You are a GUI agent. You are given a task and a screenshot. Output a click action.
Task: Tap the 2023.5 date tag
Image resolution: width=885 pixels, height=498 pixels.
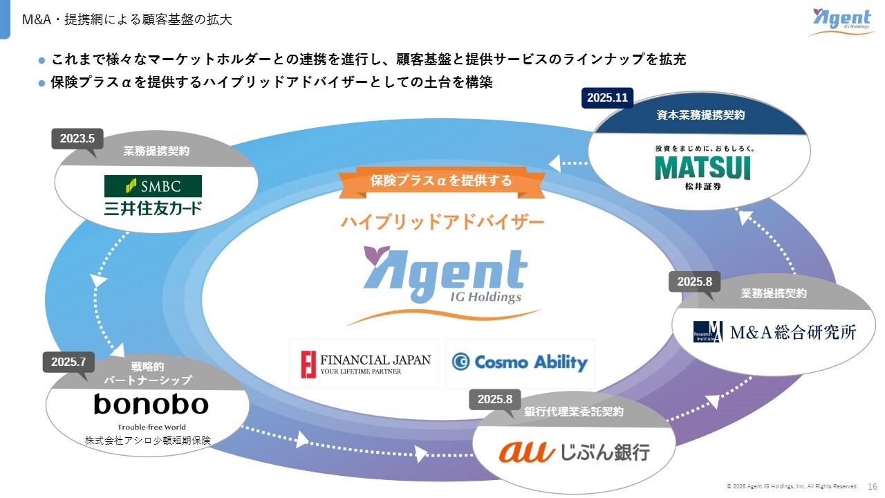(77, 138)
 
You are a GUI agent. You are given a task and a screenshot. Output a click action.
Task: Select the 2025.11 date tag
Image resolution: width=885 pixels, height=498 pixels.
(607, 98)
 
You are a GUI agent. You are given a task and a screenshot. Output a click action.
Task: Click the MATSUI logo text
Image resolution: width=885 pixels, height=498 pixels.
(702, 168)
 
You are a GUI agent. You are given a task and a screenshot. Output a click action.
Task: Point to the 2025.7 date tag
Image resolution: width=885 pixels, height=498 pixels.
(68, 362)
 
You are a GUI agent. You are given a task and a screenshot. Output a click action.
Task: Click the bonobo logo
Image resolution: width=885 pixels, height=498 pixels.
(151, 404)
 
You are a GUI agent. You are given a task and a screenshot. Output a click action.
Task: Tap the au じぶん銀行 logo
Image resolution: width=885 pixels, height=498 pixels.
(574, 452)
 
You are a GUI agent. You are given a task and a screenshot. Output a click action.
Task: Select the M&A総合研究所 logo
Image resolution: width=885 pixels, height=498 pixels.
(774, 332)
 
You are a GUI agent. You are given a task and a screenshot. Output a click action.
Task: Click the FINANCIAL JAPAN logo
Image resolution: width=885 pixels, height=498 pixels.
(364, 364)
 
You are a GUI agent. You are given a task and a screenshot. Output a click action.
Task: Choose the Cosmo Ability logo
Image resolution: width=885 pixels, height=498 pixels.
(519, 362)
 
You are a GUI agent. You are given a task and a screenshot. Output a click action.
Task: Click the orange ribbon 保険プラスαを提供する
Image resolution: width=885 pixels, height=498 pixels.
(441, 181)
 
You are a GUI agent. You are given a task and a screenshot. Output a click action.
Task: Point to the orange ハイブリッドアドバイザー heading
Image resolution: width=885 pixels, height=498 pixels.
(442, 222)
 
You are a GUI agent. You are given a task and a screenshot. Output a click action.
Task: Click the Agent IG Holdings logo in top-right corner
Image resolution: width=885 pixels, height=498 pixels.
(841, 21)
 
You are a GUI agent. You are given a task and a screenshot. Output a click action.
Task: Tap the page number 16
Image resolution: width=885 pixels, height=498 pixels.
(872, 486)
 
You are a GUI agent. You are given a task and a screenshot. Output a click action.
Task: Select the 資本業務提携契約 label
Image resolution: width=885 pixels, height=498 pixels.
(700, 116)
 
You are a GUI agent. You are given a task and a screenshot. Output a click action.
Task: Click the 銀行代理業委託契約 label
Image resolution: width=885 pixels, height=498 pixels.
(573, 412)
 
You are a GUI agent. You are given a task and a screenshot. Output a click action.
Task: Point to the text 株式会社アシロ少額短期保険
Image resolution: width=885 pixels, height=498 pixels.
(147, 440)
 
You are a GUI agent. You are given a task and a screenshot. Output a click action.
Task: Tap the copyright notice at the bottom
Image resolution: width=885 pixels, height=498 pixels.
(791, 486)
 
